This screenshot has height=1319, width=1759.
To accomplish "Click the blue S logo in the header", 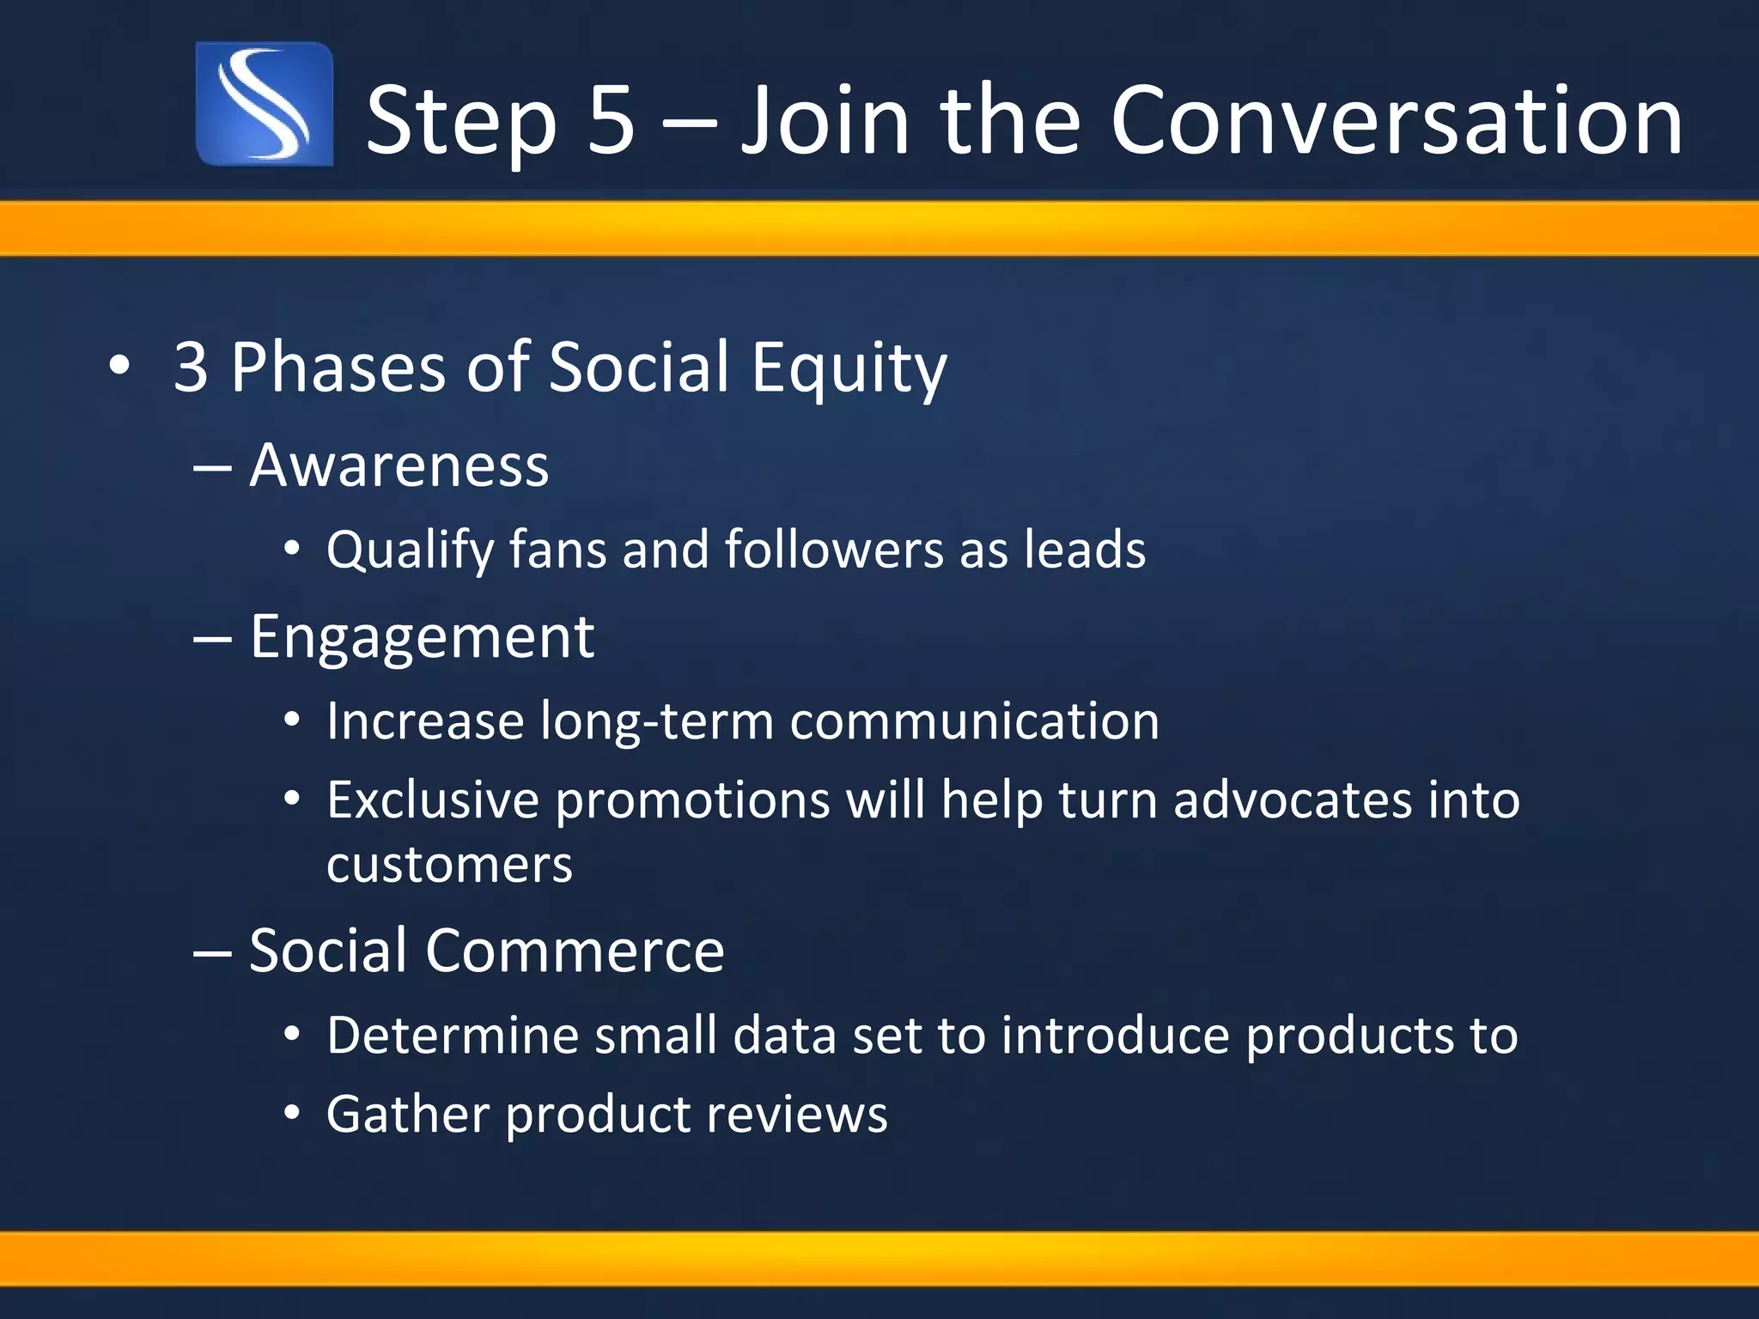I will (265, 104).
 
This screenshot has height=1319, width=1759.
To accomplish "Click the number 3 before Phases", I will (191, 368).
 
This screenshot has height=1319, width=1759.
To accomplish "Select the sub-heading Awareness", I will (399, 466).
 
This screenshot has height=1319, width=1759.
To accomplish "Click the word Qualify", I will (410, 550).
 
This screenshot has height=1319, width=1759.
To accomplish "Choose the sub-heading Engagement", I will (422, 638).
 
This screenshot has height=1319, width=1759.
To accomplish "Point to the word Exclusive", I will (432, 800).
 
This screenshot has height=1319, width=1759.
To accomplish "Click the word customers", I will (449, 865).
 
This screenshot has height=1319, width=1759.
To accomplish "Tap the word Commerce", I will (575, 951).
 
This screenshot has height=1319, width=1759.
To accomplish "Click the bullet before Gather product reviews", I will (292, 1114).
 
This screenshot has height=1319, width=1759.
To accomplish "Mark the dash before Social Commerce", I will (212, 952).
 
